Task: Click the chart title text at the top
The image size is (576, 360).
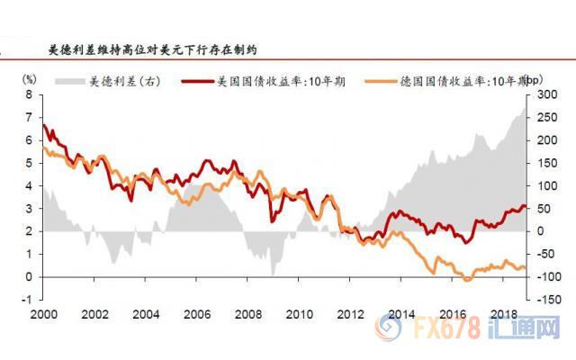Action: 157,51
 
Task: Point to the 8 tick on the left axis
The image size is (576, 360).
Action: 30,94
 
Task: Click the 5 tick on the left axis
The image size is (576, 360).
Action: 30,163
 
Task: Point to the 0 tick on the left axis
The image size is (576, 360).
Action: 30,277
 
